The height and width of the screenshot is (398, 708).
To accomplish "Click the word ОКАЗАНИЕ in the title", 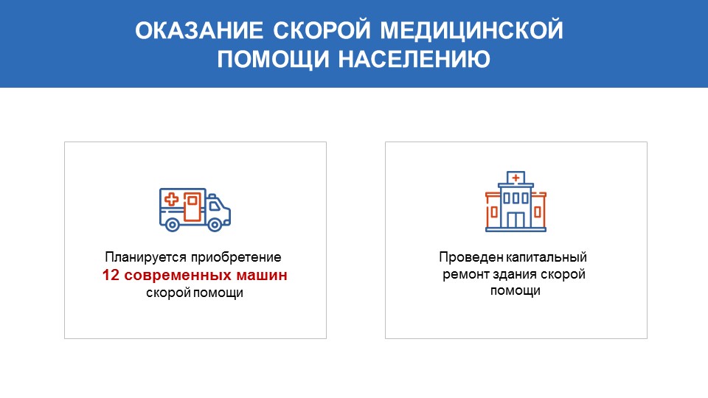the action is [x=199, y=31].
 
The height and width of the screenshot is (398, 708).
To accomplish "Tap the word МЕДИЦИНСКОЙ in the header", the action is [x=472, y=31].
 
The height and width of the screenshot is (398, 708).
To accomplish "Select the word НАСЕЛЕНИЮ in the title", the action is [x=414, y=60].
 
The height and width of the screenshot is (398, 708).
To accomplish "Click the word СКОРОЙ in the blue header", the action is [x=322, y=29].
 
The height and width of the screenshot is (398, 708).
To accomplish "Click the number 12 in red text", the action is [x=111, y=275].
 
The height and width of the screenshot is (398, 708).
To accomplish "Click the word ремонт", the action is [x=465, y=275].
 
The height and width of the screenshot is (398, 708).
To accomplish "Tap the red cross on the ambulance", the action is [x=172, y=199].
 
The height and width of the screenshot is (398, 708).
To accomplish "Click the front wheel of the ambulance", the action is [x=215, y=224].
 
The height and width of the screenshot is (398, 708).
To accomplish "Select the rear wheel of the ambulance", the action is [x=172, y=224].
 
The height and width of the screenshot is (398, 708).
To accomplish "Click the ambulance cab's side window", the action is [x=215, y=206].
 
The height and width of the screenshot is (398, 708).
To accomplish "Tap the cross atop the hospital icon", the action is [x=516, y=178].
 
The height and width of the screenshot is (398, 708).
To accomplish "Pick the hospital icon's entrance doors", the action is [x=516, y=220].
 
